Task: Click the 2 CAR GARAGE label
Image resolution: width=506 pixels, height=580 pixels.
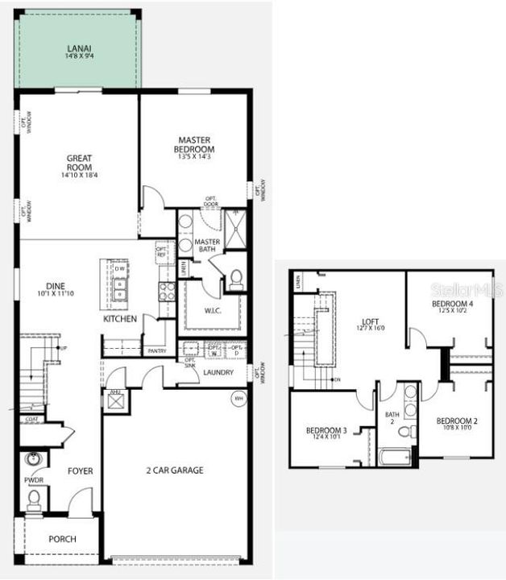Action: [174, 470]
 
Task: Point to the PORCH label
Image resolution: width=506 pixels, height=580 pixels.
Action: [62, 539]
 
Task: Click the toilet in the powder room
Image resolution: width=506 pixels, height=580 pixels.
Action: [34, 499]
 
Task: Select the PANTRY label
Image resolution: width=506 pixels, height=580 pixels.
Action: [156, 351]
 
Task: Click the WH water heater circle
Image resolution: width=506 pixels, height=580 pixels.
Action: [238, 398]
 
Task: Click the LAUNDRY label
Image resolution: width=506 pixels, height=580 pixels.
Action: [218, 372]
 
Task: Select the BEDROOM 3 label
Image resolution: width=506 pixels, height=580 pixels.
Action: [326, 431]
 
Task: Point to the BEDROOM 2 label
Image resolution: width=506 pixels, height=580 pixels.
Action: [457, 421]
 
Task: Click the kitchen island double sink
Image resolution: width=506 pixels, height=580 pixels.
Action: [118, 288]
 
